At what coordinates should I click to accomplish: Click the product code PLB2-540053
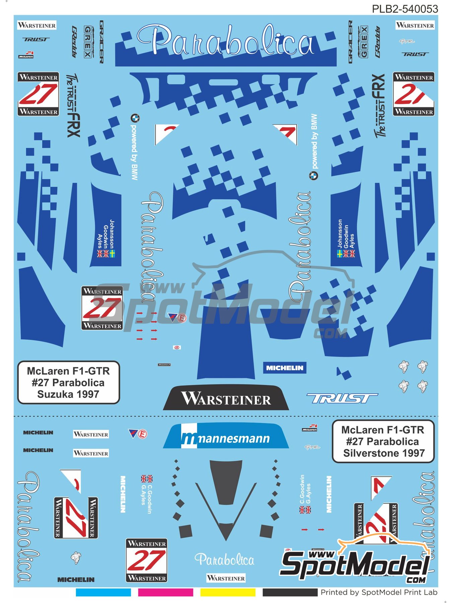[x=405, y=9]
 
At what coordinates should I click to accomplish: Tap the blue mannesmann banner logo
[x=226, y=436]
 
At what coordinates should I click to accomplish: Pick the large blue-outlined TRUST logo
[x=342, y=398]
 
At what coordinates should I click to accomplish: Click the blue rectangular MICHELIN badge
[x=285, y=368]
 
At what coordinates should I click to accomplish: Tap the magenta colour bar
[x=165, y=593]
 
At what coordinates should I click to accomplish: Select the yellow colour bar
[x=228, y=593]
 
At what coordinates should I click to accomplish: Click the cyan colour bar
[x=103, y=593]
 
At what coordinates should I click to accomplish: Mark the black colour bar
[x=290, y=593]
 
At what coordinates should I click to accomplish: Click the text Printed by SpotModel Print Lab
[x=379, y=593]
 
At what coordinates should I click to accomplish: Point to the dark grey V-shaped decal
[x=226, y=513]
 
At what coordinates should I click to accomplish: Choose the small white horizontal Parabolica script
[x=224, y=560]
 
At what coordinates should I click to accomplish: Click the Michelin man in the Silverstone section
[x=76, y=558]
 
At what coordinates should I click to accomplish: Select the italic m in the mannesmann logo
[x=190, y=439]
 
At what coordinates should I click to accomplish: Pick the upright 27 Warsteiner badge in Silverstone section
[x=147, y=560]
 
